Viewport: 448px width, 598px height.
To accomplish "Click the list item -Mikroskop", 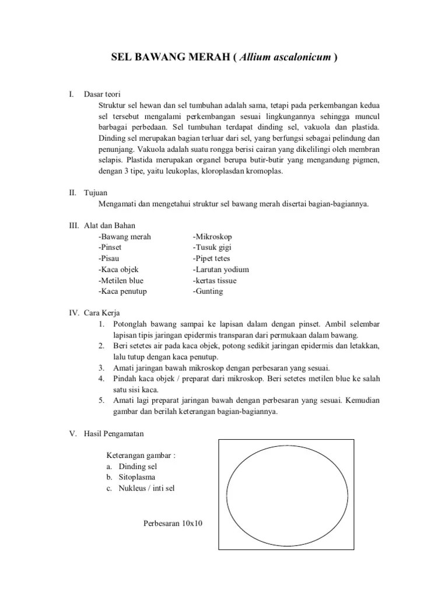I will coord(212,237).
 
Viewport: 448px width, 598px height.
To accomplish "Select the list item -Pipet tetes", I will coord(212,258).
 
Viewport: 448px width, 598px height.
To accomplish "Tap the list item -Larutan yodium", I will coord(221,269).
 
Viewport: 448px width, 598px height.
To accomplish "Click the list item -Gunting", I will coord(208,291).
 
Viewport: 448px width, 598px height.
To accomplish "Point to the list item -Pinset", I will coord(113,248).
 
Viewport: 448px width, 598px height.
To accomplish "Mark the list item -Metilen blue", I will coord(121,280).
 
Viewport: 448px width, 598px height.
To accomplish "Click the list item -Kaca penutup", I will coord(123,291).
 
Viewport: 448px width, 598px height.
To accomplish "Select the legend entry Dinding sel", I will coord(138,467).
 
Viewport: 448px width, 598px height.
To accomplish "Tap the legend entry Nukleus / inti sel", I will coord(150,488).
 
